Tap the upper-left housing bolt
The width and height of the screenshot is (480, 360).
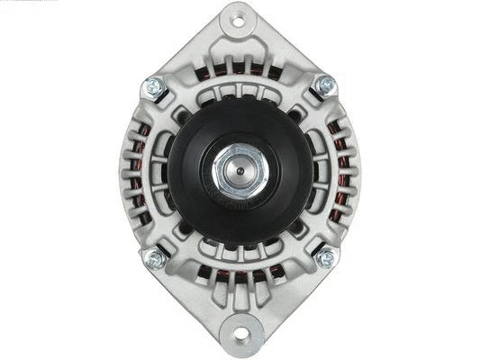[x=153, y=87]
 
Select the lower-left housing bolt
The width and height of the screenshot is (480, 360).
[x=153, y=258]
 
